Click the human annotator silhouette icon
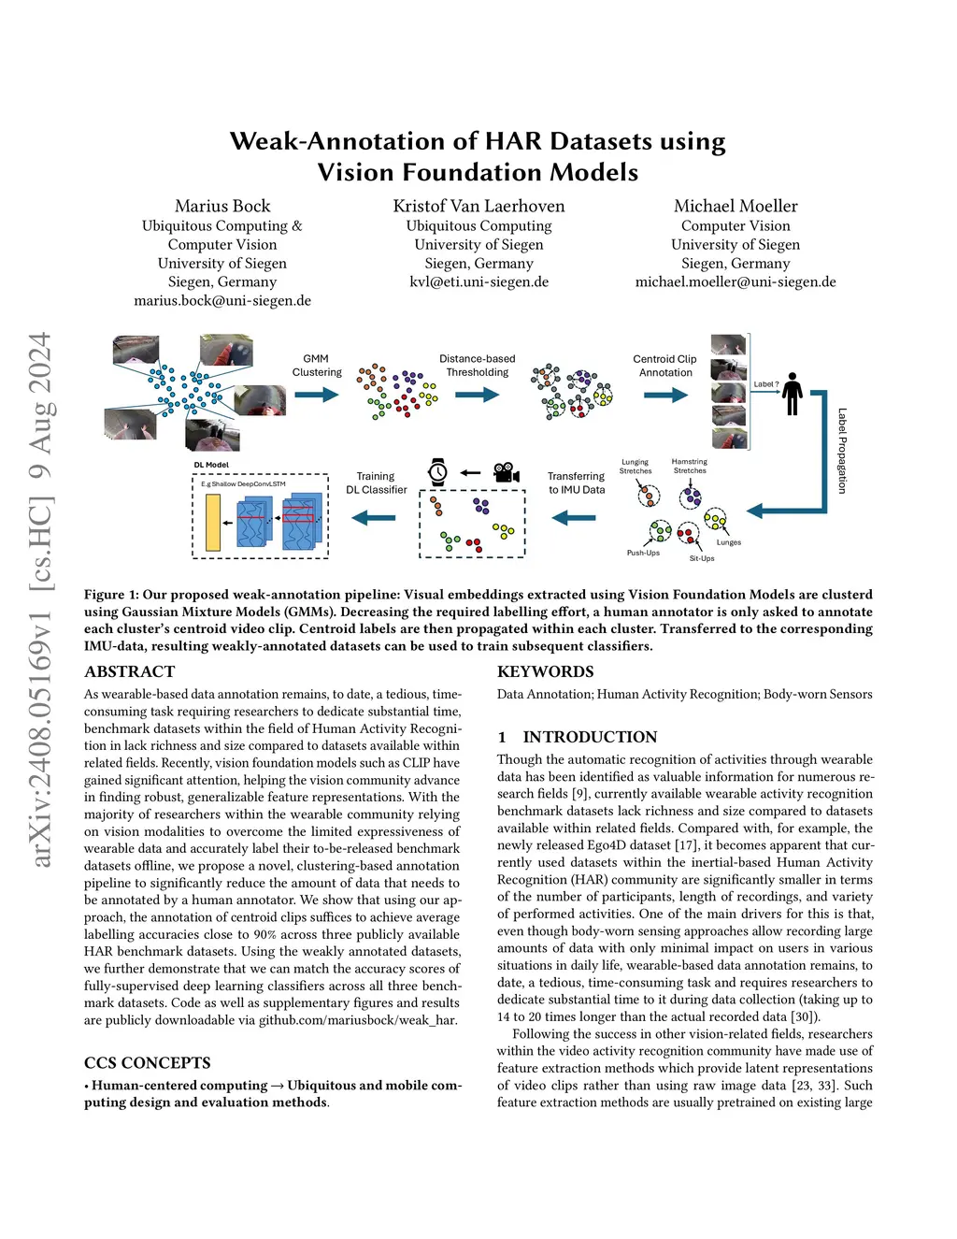[793, 394]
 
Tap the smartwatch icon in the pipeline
[437, 472]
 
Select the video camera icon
[506, 472]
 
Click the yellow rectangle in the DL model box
[213, 523]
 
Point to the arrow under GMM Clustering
[317, 395]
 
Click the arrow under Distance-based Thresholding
[477, 395]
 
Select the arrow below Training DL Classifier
[374, 517]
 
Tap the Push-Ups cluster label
[643, 553]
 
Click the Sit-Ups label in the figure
[702, 558]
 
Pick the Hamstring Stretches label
[690, 466]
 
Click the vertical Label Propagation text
[842, 451]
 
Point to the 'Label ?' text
[765, 384]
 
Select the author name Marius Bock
[222, 206]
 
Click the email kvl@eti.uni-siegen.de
[478, 281]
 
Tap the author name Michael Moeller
[736, 206]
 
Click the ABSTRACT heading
[129, 671]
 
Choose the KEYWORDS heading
[545, 671]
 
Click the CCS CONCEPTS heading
[147, 1062]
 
